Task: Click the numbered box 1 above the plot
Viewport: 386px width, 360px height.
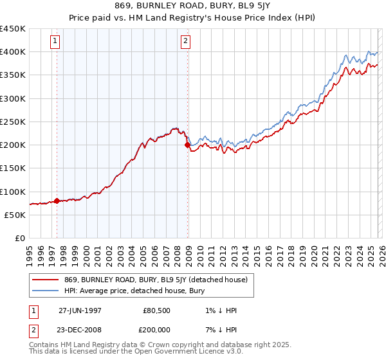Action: pos(55,42)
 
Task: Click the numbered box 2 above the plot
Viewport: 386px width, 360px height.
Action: pos(185,42)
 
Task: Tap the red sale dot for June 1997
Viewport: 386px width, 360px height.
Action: pos(57,201)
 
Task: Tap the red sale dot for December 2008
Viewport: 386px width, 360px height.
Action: pos(188,145)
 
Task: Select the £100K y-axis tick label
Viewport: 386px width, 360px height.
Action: pos(13,192)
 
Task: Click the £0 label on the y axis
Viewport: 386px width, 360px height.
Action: pos(20,238)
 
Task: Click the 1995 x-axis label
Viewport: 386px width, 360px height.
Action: pos(29,251)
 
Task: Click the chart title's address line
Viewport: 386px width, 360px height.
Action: pos(193,8)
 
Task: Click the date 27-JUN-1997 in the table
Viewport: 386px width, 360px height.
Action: pos(80,310)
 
